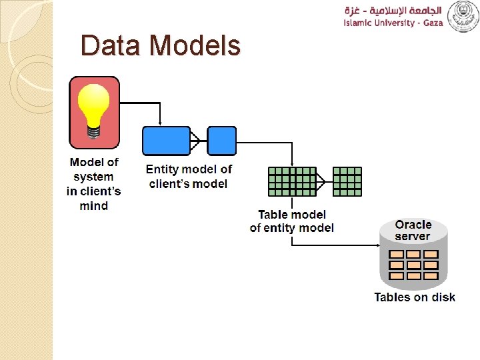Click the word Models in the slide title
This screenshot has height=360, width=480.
[x=195, y=46]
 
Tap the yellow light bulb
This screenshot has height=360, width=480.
[x=95, y=107]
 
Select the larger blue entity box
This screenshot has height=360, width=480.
[x=166, y=141]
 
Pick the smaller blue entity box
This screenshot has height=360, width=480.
[x=221, y=141]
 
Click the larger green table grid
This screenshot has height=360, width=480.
[x=292, y=181]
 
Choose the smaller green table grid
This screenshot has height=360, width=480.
[x=347, y=181]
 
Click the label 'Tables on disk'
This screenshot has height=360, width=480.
[x=414, y=297]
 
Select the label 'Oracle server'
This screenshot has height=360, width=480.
[x=413, y=230]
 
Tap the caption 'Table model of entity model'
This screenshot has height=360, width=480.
[x=292, y=221]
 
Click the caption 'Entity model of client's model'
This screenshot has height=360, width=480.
[x=189, y=177]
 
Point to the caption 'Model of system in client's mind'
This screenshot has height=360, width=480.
[x=94, y=184]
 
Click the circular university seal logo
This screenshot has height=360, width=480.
[x=463, y=17]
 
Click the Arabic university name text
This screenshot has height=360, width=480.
[x=393, y=10]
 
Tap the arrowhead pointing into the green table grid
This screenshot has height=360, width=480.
[x=292, y=163]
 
